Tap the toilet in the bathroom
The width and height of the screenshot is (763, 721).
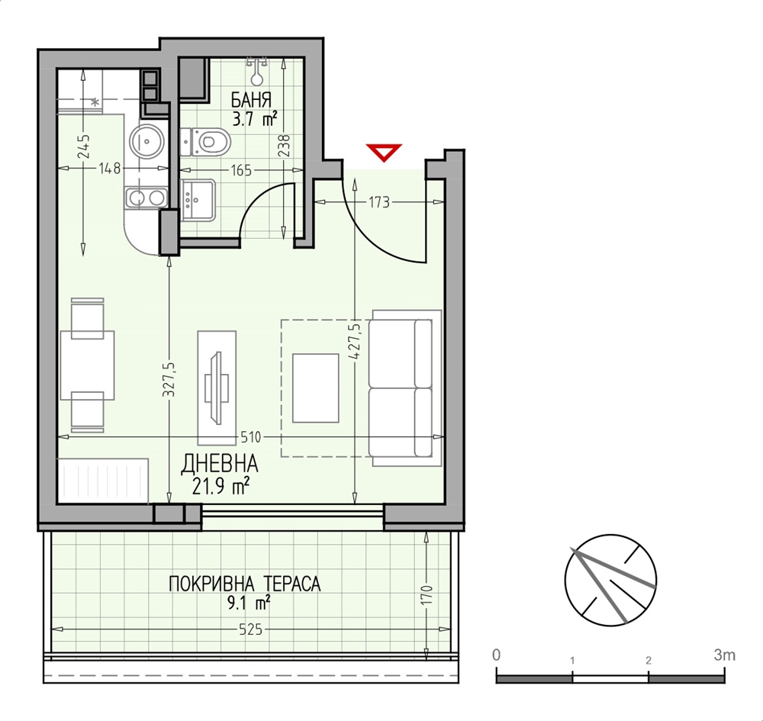(204, 142)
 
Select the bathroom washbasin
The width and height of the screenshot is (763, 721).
(198, 200)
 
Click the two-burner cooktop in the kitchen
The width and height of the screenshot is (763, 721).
(146, 198)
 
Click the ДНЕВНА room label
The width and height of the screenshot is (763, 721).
(220, 464)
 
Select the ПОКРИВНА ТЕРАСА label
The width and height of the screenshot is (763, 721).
(245, 584)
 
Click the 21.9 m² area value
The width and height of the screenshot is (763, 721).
(221, 485)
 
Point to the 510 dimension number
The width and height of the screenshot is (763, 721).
(251, 437)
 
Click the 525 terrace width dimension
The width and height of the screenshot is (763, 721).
(251, 629)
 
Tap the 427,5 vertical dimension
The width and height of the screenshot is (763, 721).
(354, 342)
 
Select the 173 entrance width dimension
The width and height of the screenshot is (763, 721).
(379, 202)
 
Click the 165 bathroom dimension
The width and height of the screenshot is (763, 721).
(241, 170)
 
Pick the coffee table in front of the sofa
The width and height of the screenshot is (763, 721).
(315, 388)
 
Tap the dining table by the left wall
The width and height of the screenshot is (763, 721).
(87, 365)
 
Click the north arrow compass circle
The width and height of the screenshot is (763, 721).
(610, 580)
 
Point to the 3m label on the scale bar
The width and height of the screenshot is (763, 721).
(725, 655)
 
